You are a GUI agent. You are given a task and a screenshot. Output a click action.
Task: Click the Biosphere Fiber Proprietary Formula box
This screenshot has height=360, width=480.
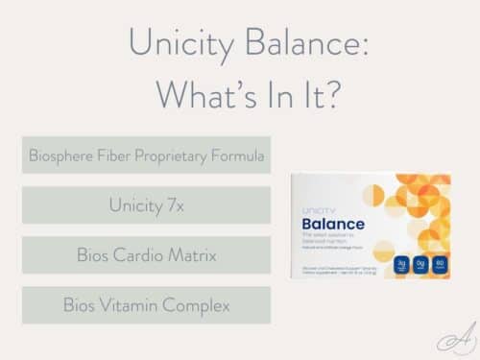point(146,155)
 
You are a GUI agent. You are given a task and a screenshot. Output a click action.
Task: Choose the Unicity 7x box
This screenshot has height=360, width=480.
point(146,204)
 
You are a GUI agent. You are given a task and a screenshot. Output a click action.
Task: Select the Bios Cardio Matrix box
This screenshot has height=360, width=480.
point(146,255)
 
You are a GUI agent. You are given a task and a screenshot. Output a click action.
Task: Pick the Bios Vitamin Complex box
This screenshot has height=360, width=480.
point(146,305)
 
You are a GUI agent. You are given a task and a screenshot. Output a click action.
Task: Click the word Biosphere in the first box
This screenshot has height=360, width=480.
point(65,155)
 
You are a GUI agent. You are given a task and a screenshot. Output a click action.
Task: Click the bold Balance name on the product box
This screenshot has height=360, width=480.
point(334,224)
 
